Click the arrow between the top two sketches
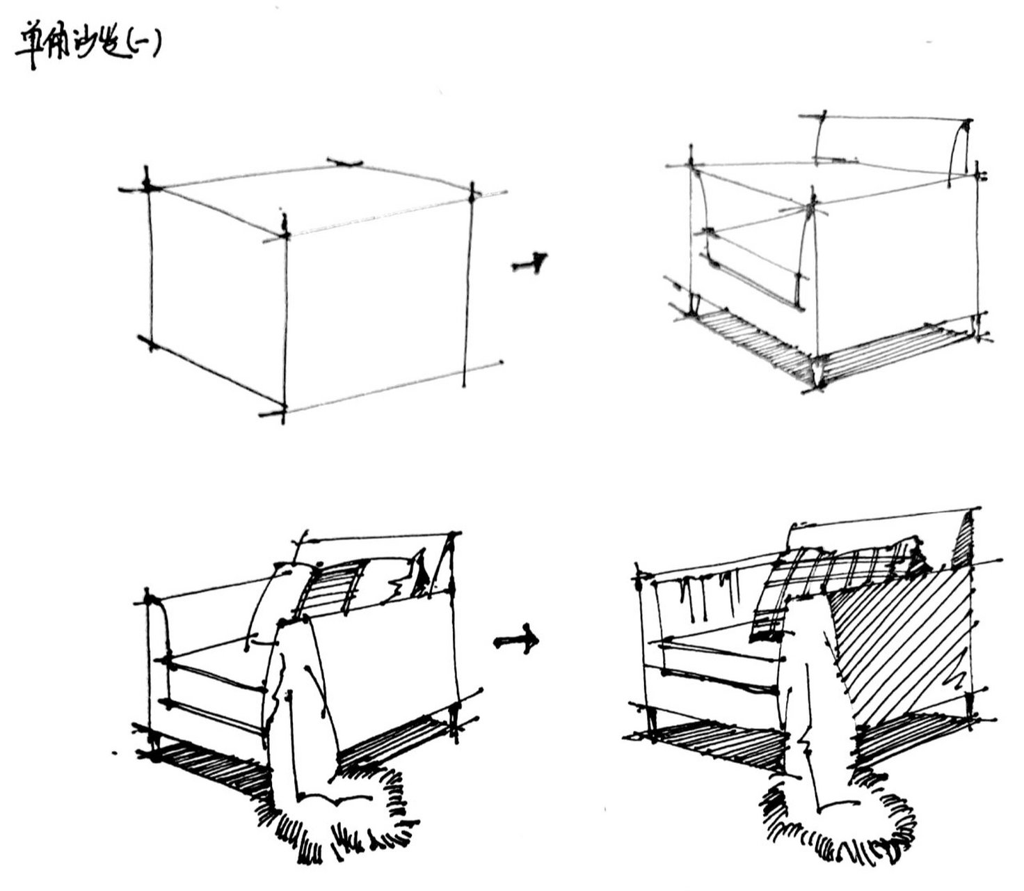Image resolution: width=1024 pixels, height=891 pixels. click(530, 264)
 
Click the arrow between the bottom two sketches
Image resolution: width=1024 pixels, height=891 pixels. click(517, 640)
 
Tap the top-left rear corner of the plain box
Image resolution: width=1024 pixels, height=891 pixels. click(147, 187)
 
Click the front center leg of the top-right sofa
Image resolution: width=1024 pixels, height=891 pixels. click(819, 369)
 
